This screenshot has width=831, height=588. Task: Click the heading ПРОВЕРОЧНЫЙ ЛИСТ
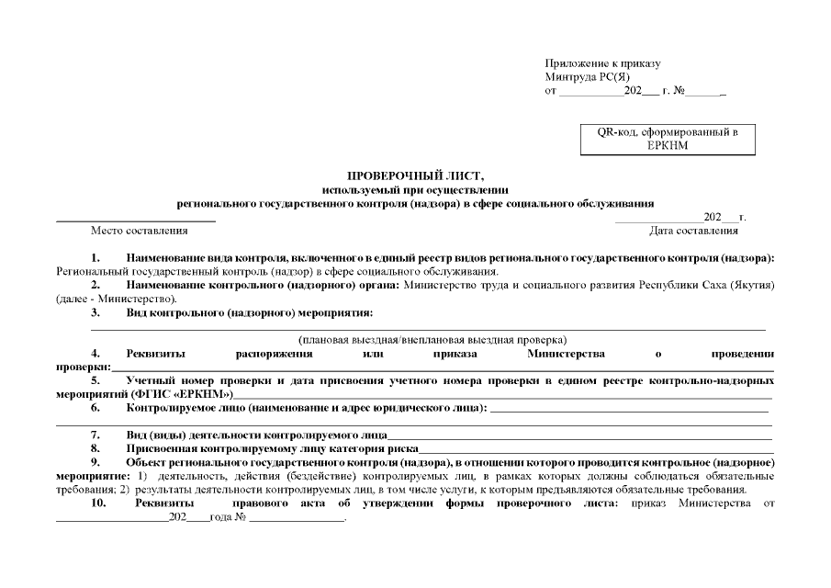pyautogui.click(x=414, y=175)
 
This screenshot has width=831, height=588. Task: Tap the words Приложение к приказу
pyautogui.click(x=602, y=63)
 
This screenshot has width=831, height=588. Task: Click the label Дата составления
pyautogui.click(x=693, y=231)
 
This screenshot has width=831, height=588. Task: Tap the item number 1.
pyautogui.click(x=95, y=258)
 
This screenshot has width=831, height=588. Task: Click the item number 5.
pyautogui.click(x=95, y=379)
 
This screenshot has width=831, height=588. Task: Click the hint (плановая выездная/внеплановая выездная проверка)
pyautogui.click(x=432, y=339)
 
